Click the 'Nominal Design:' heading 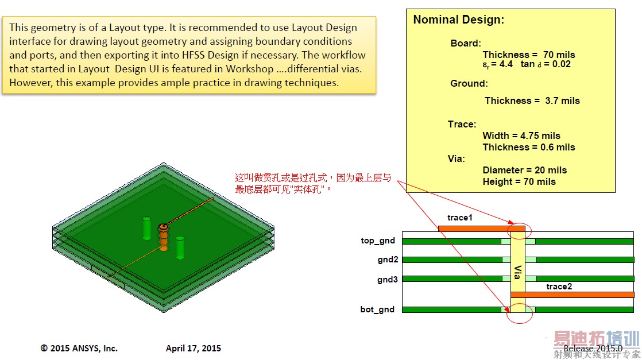coord(459,20)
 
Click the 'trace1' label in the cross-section coord(460,218)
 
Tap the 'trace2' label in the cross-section coord(559,287)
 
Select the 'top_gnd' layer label coord(378,241)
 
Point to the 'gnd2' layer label coord(388,260)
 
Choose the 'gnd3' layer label coord(388,280)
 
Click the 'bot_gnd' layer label coord(377,309)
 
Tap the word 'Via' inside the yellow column coord(517,272)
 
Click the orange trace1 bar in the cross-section coord(481,229)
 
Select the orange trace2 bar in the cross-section coord(572,295)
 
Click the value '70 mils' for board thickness coord(559,55)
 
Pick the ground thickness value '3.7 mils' coord(562,100)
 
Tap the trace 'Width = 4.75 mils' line coord(521,136)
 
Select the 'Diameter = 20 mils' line coord(524,170)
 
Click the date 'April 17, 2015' coord(194,348)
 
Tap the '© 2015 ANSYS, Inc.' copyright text coord(79,348)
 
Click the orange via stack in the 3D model coord(163,238)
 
